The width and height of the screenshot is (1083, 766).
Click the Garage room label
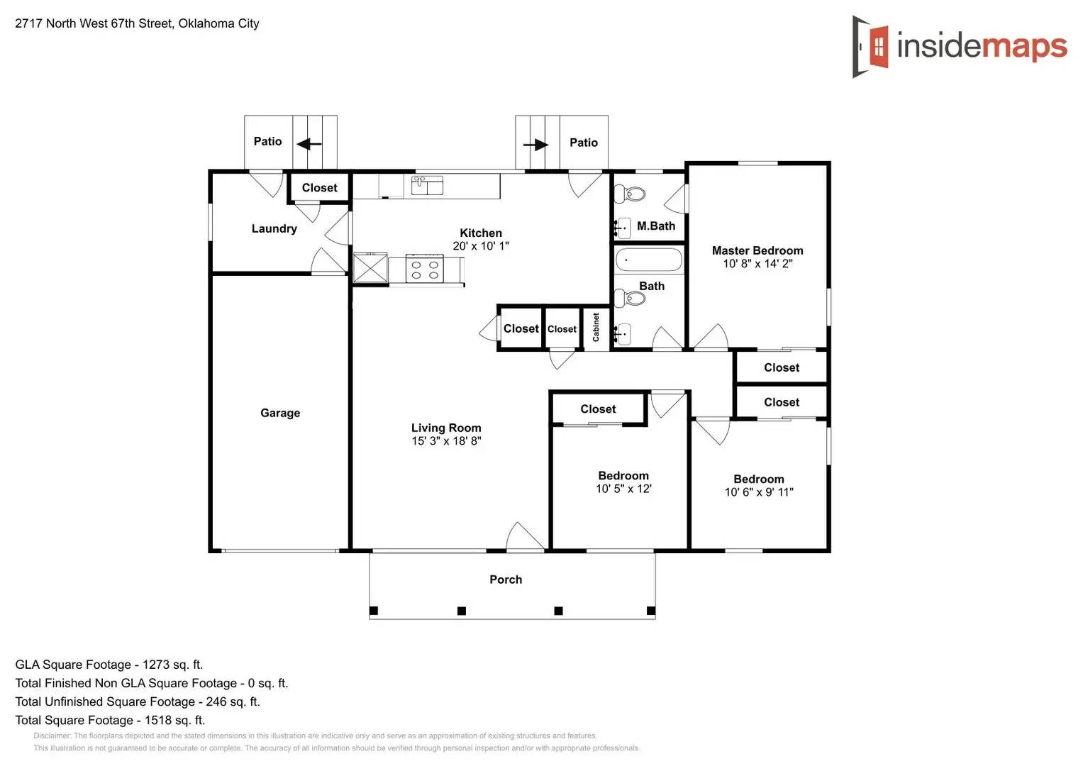[x=280, y=413]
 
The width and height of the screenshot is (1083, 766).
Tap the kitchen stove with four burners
[x=425, y=270]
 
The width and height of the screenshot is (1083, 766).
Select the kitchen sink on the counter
[x=427, y=185]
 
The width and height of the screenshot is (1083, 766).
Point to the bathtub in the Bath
[x=648, y=260]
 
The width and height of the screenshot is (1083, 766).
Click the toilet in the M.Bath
[x=631, y=194]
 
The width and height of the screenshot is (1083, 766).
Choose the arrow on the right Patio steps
[x=536, y=145]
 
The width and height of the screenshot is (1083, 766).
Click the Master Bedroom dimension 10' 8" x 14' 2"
[x=757, y=264]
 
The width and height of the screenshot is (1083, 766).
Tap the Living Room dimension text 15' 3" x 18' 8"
[x=446, y=441]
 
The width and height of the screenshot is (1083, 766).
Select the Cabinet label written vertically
[x=596, y=328]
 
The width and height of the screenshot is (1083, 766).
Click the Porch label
[x=506, y=579]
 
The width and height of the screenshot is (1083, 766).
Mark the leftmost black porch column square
[x=374, y=611]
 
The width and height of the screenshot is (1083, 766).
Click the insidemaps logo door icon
[x=871, y=47]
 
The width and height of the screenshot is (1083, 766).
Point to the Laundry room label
[x=274, y=228]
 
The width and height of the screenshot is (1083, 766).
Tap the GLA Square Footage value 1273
[x=156, y=665]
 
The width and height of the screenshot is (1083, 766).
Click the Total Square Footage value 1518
[x=158, y=720]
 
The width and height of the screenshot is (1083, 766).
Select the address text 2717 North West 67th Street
[x=94, y=23]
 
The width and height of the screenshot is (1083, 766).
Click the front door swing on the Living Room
[x=525, y=536]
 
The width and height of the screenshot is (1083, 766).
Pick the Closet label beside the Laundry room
[x=319, y=188]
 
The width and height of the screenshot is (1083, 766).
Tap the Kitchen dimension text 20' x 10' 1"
[x=481, y=246]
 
